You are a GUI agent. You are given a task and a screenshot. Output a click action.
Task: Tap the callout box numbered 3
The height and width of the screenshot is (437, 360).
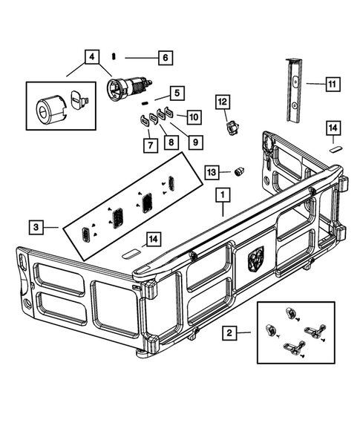[36, 225]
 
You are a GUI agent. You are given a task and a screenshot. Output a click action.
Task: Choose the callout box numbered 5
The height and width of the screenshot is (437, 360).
[176, 93]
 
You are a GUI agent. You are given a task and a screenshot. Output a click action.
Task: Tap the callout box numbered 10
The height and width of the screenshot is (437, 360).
[193, 116]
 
